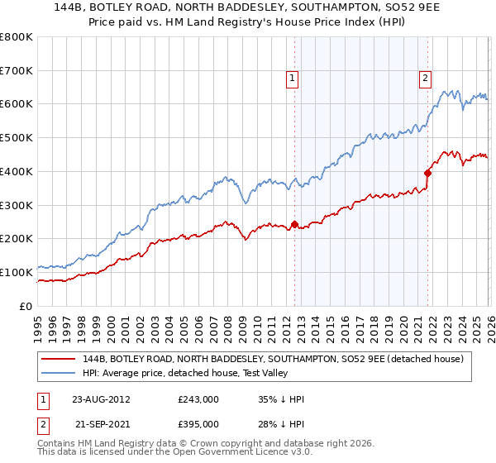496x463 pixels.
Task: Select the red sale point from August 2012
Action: [x=294, y=224]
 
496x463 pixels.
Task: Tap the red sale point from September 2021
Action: [x=427, y=173]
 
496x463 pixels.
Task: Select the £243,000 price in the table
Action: [x=198, y=399]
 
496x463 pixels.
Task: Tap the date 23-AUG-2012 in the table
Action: [x=101, y=399]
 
